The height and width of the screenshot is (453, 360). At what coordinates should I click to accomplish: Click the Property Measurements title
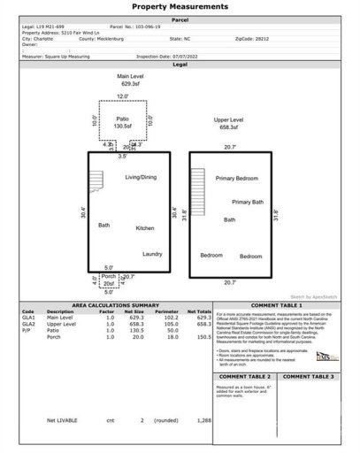[x=180, y=7]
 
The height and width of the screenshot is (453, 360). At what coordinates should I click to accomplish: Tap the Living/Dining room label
[x=142, y=178]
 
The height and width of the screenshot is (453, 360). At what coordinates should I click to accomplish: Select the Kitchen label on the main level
[x=145, y=228]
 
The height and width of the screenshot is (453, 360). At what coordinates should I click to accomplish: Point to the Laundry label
[x=152, y=254]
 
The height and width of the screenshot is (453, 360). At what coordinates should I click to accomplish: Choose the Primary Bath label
[x=248, y=202]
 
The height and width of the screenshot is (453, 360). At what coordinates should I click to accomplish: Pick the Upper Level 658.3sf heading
[x=228, y=122]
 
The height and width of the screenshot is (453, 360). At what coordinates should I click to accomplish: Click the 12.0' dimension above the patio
[x=123, y=96]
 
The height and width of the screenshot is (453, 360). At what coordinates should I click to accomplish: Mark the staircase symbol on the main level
[x=92, y=183]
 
